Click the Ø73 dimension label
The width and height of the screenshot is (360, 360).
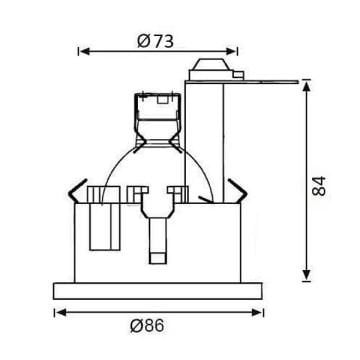coord(155,41)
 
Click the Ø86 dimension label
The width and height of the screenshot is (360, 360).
coord(147,325)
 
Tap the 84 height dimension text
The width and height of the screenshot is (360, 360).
coord(319,186)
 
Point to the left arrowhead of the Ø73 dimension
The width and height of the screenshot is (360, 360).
coord(86,51)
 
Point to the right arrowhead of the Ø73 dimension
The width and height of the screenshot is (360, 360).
coord(231,51)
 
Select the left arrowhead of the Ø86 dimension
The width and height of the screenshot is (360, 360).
coord(61,312)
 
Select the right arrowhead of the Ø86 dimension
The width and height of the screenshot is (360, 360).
coord(257,312)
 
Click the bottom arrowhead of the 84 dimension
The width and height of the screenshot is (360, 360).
coord(306,275)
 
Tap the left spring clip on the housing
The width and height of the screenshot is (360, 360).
coord(76,192)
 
